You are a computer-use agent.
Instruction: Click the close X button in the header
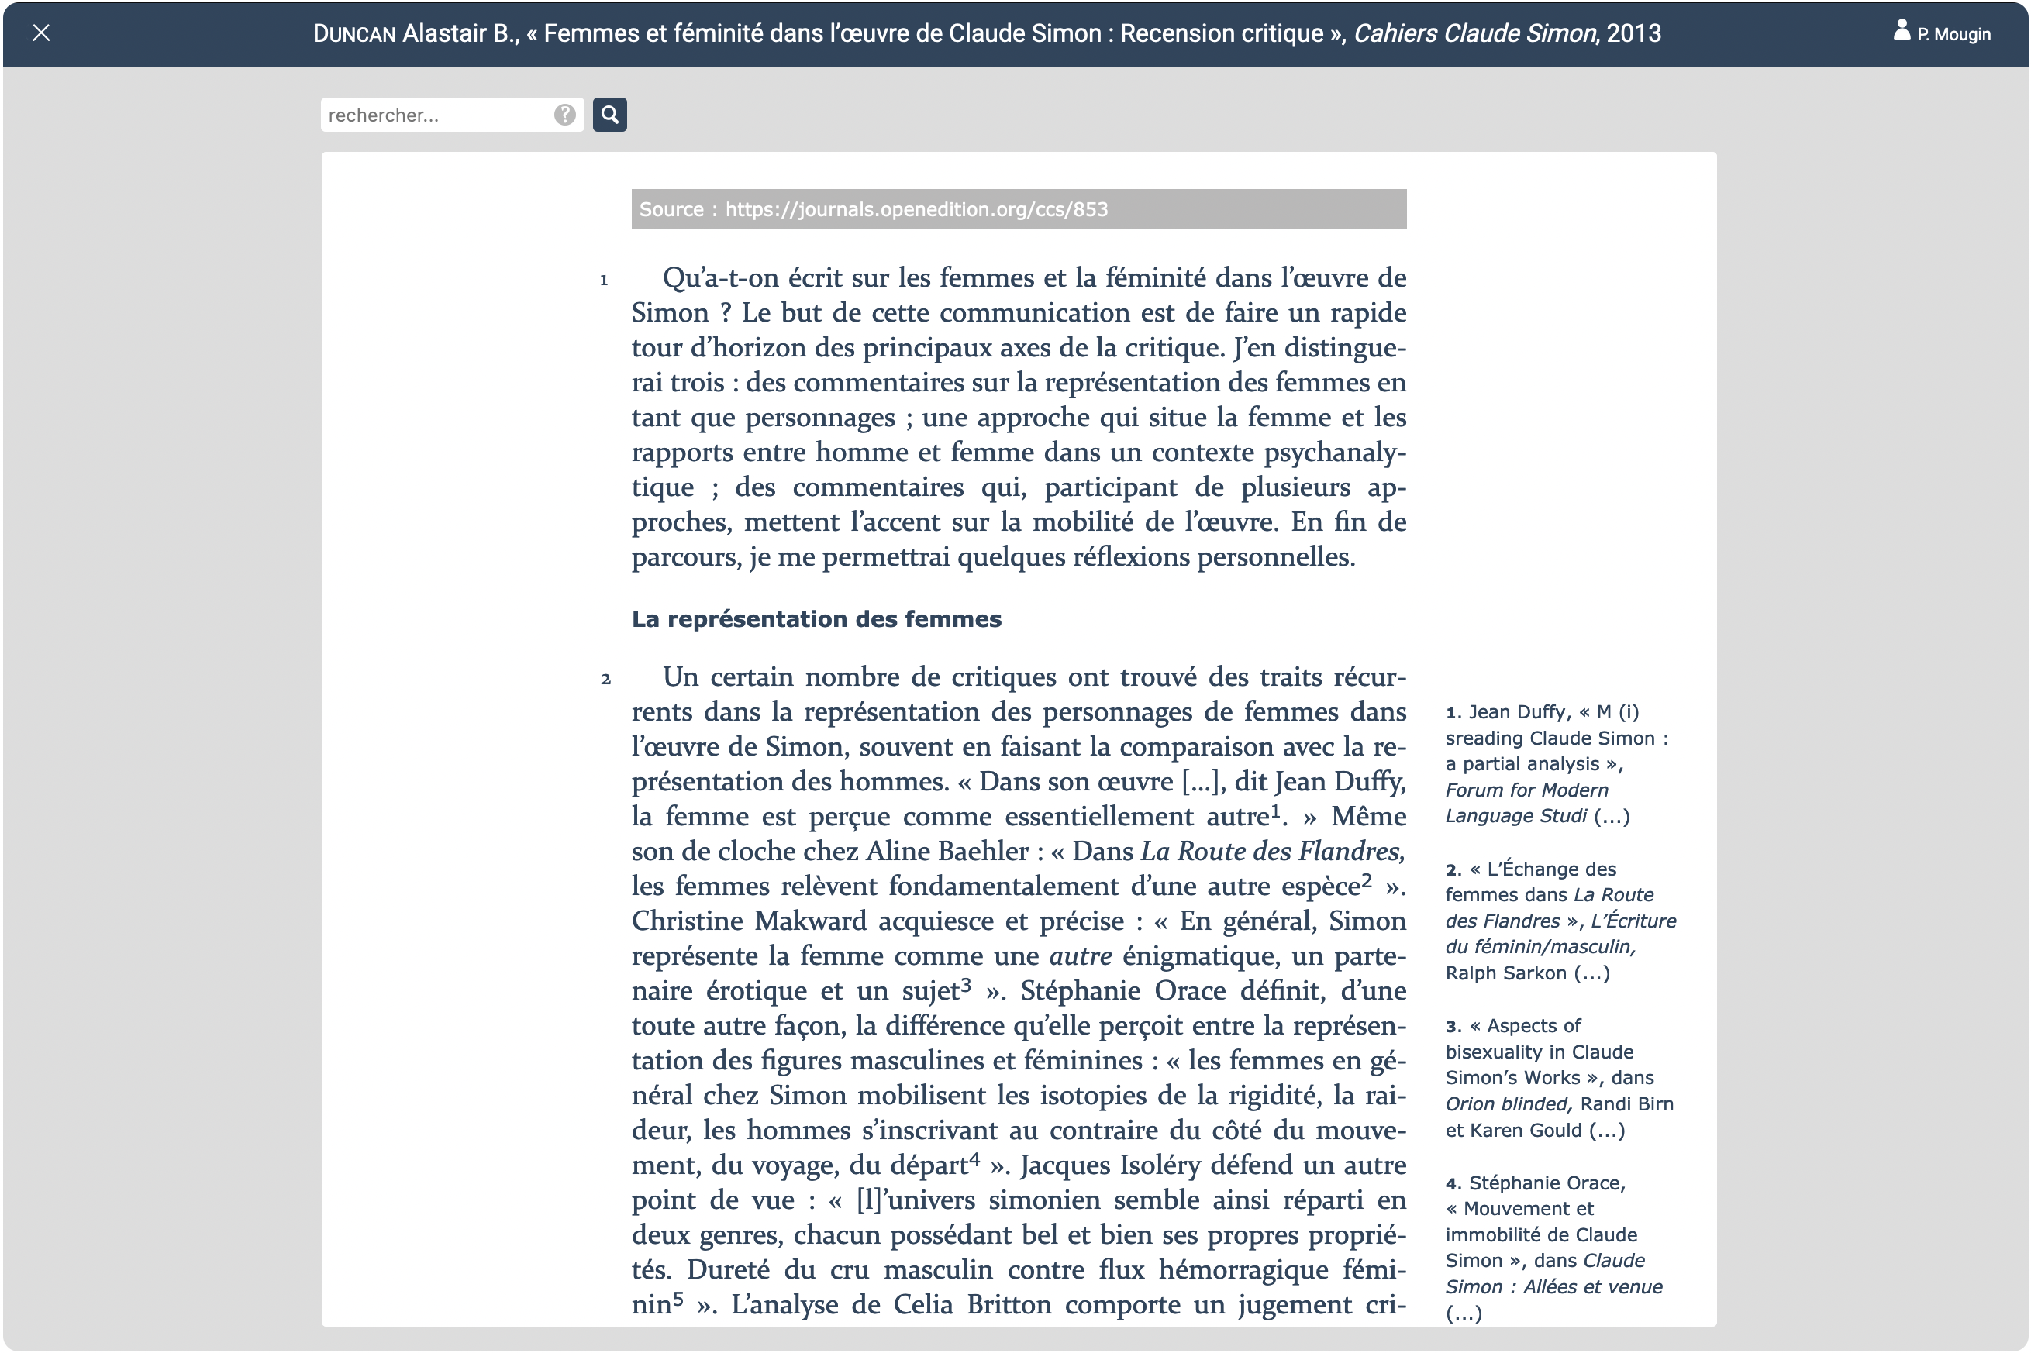point(40,33)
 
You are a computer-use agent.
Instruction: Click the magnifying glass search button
point(609,115)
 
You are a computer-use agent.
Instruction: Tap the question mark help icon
point(564,115)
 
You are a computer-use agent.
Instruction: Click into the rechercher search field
point(436,115)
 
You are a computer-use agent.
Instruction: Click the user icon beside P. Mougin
point(1901,31)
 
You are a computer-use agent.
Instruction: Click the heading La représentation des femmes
point(816,618)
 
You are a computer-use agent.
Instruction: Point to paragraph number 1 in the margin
point(604,280)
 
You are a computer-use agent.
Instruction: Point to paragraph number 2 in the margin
point(605,679)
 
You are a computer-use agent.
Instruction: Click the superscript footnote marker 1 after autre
point(1276,811)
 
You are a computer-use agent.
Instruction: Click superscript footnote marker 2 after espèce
point(1367,880)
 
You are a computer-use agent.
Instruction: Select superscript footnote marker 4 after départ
point(974,1158)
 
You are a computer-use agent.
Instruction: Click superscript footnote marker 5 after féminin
point(678,1298)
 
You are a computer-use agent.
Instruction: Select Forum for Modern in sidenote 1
point(1526,790)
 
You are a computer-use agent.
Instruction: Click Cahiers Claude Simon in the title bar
point(1474,33)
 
